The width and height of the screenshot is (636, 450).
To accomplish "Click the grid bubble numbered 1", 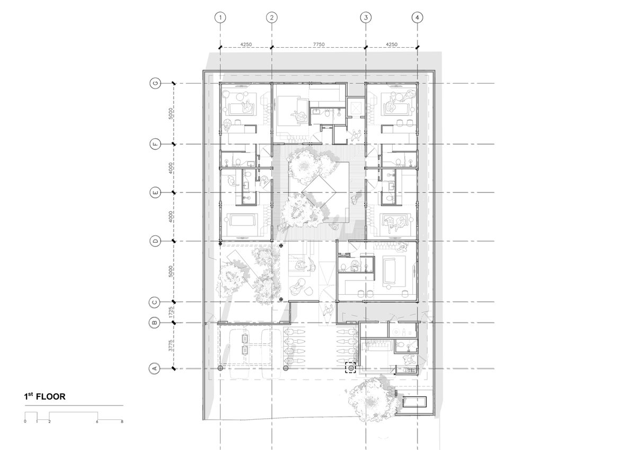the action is (x=220, y=17).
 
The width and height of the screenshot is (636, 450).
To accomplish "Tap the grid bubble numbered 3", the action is (x=366, y=17).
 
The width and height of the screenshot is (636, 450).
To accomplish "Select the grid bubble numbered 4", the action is (x=417, y=17).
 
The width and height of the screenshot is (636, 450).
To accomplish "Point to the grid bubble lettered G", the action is (x=155, y=83).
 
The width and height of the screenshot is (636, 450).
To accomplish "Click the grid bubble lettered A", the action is (x=155, y=369).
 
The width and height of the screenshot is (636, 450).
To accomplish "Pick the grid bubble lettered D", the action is (x=155, y=241).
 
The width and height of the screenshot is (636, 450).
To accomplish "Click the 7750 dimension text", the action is (x=319, y=45).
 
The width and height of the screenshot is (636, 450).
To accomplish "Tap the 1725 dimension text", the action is (x=171, y=312).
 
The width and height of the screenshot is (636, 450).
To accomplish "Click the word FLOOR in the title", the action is (x=51, y=396).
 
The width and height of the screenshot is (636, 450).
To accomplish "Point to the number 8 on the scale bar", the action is (x=122, y=421).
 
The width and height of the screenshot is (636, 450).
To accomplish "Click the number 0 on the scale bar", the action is (x=25, y=421).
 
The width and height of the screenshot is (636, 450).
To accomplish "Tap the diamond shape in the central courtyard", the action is (x=319, y=192).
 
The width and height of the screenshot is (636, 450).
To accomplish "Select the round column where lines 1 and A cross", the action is (x=220, y=368).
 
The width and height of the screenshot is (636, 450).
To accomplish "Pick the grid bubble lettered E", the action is (x=155, y=193).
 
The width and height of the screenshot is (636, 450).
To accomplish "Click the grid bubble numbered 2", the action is (x=272, y=17).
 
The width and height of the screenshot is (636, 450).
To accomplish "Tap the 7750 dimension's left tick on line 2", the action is (x=272, y=47).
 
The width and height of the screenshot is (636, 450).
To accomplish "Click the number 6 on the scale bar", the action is (x=97, y=421).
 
